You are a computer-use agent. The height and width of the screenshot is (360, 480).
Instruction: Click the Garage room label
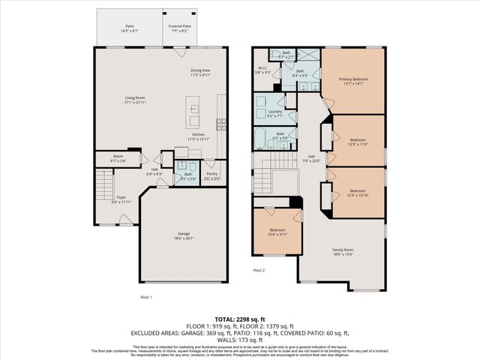(184, 235)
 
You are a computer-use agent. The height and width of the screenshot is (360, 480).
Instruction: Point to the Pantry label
(212, 175)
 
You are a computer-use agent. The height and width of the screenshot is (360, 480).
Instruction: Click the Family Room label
(343, 251)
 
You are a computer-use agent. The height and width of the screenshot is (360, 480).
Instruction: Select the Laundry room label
(275, 113)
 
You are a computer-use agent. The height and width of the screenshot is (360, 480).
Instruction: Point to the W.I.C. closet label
(262, 70)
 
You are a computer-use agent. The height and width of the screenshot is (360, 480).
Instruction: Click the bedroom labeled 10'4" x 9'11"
(277, 230)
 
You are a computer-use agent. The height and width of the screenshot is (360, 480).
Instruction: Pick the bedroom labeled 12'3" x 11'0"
(357, 142)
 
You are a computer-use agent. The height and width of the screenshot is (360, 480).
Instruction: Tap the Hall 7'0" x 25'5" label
(310, 158)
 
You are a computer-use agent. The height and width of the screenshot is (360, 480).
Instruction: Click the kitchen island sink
(194, 107)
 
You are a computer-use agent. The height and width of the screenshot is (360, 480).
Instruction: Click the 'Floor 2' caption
(259, 270)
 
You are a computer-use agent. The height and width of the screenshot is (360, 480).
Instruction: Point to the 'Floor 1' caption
(146, 297)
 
